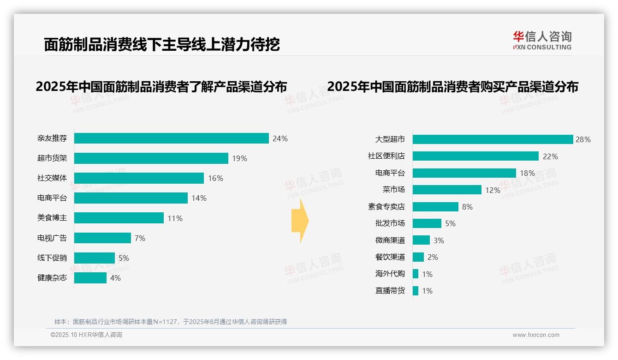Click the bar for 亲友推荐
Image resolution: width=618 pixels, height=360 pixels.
171,138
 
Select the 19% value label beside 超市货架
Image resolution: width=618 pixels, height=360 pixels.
239,158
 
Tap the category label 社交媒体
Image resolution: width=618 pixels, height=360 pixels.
52,178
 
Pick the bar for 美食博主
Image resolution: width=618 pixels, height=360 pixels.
119,218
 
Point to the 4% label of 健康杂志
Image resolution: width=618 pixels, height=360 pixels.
115,278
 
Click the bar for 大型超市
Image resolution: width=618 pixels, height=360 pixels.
493,139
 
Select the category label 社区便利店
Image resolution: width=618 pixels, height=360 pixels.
386,156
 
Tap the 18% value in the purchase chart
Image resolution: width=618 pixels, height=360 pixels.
527,173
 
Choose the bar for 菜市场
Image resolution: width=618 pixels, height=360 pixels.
447,190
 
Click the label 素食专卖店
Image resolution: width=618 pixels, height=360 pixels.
386,207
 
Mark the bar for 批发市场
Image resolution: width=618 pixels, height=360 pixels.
427,223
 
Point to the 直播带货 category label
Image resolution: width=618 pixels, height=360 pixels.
390,291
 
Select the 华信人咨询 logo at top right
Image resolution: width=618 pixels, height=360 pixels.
542,40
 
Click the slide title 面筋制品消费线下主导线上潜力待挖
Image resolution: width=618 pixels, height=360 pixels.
162,44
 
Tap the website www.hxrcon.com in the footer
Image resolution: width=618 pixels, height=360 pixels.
536,335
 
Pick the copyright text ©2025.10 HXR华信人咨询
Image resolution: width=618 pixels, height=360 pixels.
86,335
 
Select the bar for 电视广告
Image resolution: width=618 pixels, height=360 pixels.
102,238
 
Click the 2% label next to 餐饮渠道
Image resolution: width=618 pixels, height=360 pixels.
433,257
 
